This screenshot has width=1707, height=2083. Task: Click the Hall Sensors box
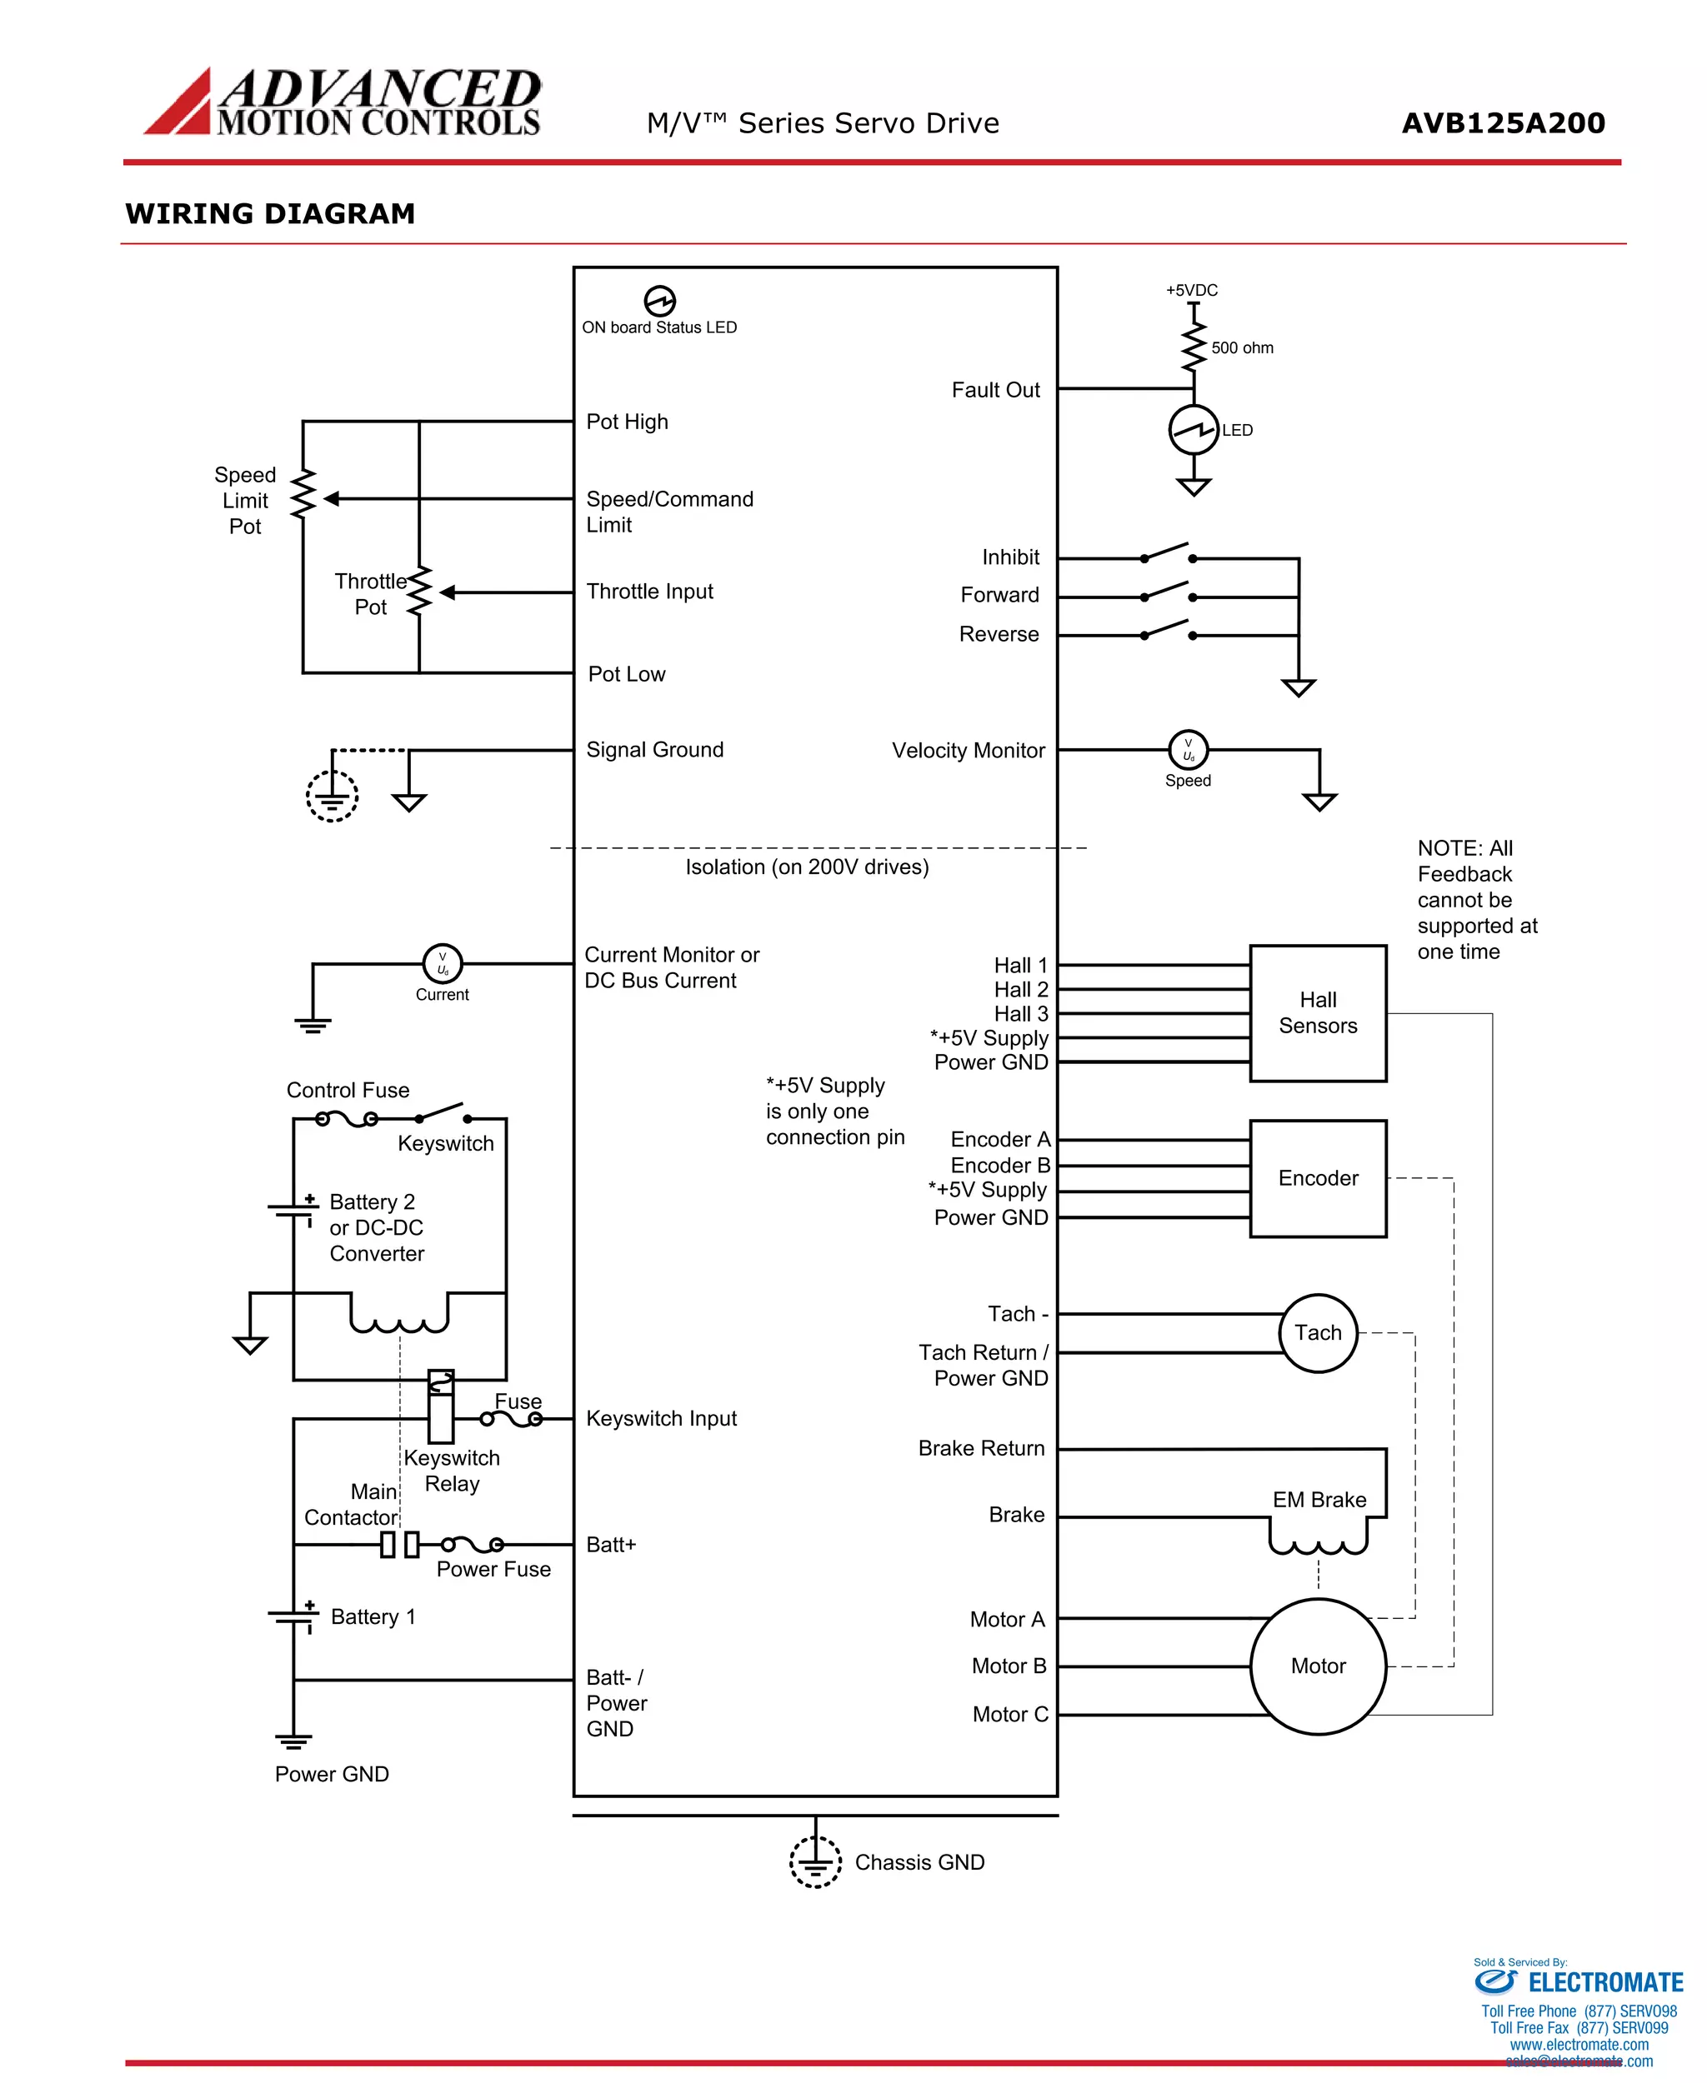click(x=1318, y=1012)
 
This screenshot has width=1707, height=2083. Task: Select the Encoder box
click(x=1318, y=1177)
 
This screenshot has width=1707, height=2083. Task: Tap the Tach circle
click(x=1318, y=1332)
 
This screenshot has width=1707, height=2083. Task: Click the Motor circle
click(x=1318, y=1666)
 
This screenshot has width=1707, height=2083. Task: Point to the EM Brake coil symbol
click(x=1318, y=1537)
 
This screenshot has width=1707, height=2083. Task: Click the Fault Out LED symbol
click(x=1194, y=430)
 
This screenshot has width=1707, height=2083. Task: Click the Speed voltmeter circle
click(x=1188, y=750)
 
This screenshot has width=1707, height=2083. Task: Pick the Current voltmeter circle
click(x=442, y=963)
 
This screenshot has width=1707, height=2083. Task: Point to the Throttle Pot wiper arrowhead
click(x=448, y=592)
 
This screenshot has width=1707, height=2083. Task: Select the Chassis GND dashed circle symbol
click(x=815, y=1862)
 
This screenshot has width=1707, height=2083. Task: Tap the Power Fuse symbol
click(x=472, y=1544)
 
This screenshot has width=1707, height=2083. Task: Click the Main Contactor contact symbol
click(x=399, y=1544)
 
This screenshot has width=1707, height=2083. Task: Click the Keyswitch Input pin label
click(x=661, y=1418)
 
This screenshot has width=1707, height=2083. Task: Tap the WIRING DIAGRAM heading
click(x=270, y=213)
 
